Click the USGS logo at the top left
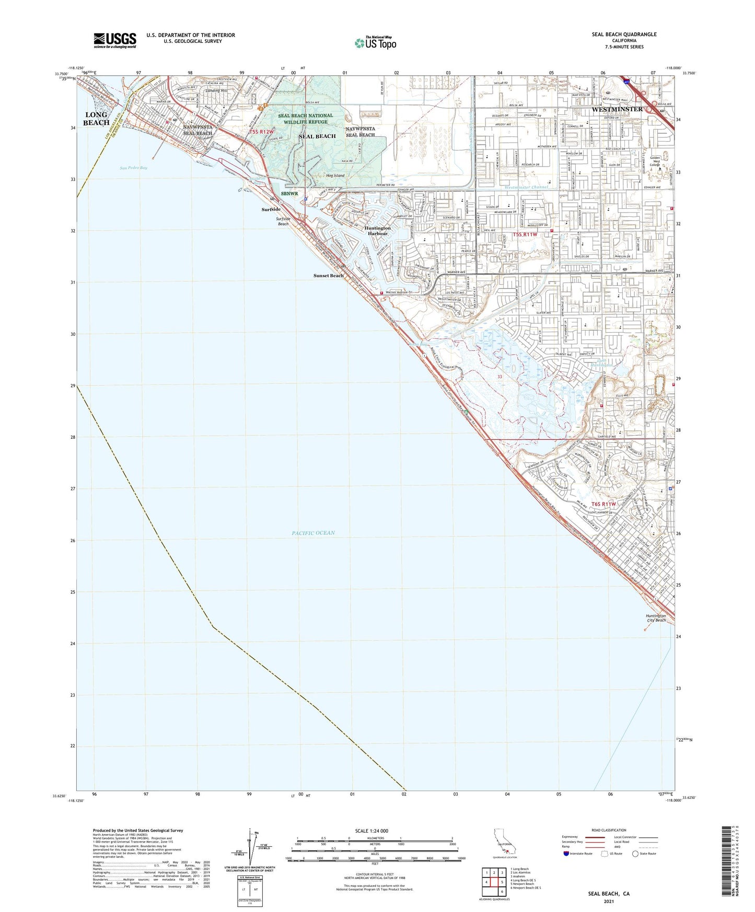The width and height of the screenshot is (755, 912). pos(115,40)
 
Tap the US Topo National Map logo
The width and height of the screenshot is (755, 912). pos(375,42)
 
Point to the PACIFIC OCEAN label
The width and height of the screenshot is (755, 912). pos(313,533)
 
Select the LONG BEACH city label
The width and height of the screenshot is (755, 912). pos(97,119)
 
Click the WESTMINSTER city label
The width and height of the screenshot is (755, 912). pos(617,109)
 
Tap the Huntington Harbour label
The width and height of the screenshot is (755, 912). pos(377,231)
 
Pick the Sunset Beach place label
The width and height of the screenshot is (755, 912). pos(329,275)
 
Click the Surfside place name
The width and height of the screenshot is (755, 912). pos(271,209)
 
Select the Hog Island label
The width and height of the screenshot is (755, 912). pos(335,176)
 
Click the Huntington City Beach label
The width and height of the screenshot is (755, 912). pos(656,618)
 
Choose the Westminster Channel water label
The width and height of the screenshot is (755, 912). pos(526,187)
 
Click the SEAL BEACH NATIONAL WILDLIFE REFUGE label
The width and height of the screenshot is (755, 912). pos(305,119)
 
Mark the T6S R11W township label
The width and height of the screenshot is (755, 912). pos(603,504)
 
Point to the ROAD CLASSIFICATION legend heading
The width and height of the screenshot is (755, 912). pos(609,830)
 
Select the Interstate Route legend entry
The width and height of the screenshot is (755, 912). pos(577,853)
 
